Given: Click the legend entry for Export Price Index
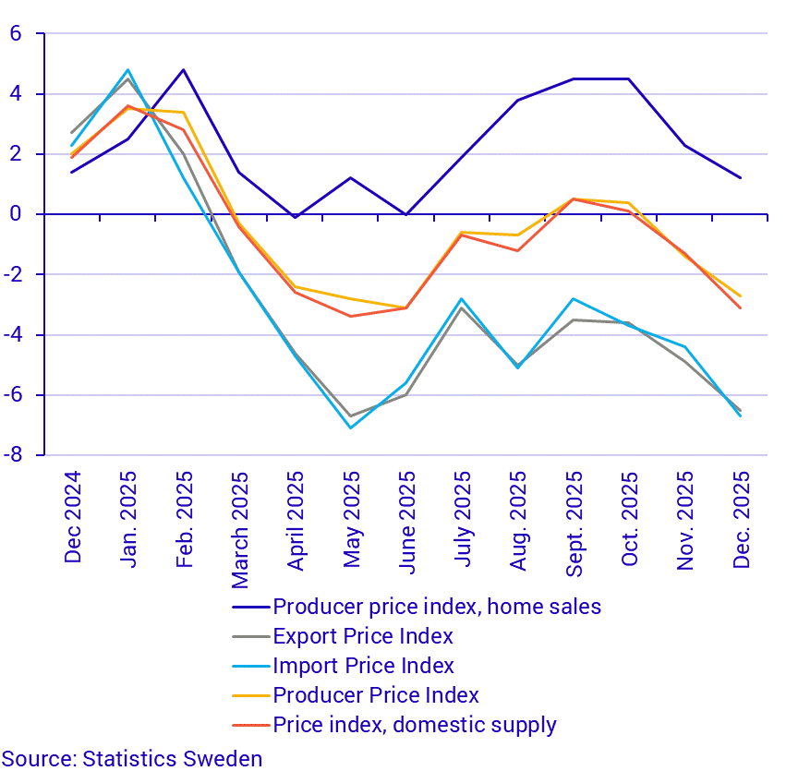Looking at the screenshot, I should pos(363,636).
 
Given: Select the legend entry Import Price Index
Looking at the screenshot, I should pos(363,666).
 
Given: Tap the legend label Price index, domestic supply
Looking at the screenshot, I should pos(415,725).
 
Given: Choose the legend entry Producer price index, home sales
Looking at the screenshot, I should pos(437,607).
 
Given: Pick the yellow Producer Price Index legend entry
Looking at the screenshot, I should pos(376,695).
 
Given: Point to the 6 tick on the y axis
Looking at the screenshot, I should pos(15,34).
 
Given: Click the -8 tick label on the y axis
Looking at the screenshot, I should pos(15,455).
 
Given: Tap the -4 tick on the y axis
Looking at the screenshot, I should pos(15,335).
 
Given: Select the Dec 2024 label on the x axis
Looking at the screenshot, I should pos(73,517).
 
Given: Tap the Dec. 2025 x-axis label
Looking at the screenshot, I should pos(741,521).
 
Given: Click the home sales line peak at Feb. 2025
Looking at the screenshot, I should pos(184,70).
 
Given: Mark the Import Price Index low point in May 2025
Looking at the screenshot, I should pos(351,428).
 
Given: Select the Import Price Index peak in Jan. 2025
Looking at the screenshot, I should pos(128,70).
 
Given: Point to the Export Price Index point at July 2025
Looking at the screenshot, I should pos(462,307).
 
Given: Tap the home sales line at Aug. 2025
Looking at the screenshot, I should pos(518,100).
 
